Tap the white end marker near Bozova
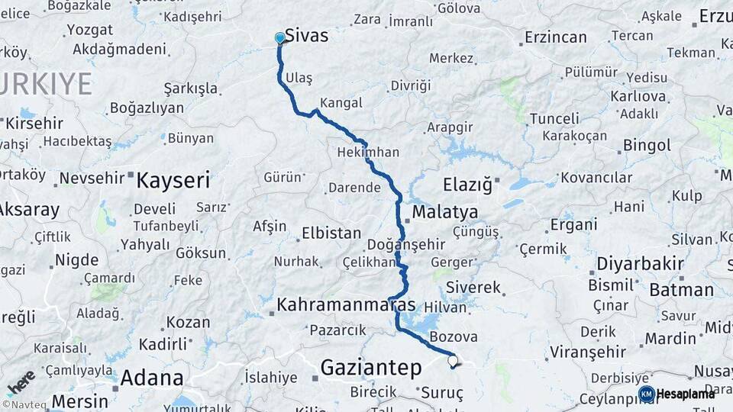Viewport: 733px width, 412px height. click(x=453, y=361)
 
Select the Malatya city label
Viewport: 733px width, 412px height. click(x=445, y=211)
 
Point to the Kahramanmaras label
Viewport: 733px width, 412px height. click(x=346, y=304)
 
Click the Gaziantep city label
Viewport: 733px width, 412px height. click(x=370, y=368)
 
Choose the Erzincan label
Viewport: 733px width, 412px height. click(x=556, y=37)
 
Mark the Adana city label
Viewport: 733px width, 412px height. click(x=152, y=378)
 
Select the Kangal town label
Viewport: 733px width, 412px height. click(x=341, y=102)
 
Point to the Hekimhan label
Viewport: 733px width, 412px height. click(x=368, y=152)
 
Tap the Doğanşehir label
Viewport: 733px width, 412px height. click(x=405, y=244)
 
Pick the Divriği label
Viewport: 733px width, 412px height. click(x=410, y=85)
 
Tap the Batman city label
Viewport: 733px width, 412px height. click(x=681, y=290)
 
